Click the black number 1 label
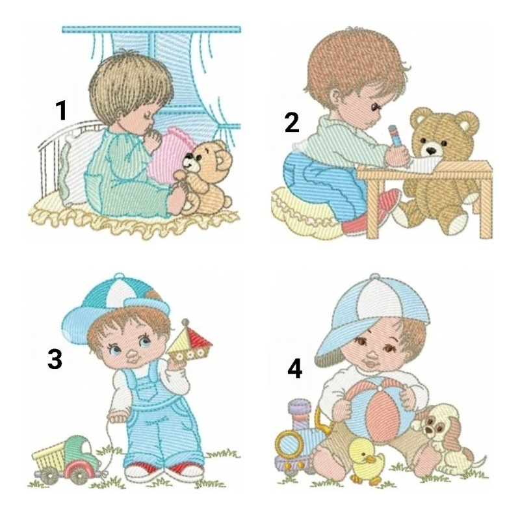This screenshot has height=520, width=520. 61,110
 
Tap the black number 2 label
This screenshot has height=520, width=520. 292,122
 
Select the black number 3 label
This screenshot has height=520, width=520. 55,359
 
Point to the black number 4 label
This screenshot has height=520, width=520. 294,369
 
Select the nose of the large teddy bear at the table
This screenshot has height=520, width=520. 431,151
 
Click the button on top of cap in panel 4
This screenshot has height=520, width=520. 375,278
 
